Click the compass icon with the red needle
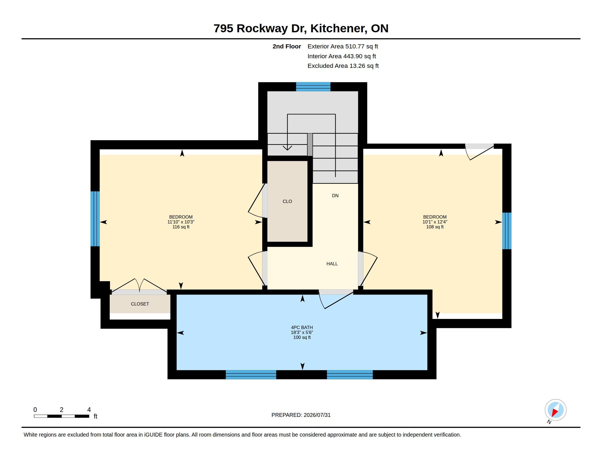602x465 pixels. (555, 410)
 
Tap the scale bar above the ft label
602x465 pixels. (62, 416)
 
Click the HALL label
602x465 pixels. (332, 264)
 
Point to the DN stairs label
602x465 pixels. (335, 196)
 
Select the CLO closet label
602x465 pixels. (287, 201)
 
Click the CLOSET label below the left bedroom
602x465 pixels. (140, 304)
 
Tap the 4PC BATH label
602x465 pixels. (302, 327)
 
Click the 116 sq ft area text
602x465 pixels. (181, 227)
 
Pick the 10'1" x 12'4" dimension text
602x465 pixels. (435, 222)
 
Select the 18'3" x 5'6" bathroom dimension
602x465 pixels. (302, 333)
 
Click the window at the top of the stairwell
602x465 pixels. (313, 86)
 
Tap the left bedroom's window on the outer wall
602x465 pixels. (95, 219)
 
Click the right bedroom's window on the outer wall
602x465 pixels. (507, 231)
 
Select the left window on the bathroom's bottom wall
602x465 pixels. (251, 375)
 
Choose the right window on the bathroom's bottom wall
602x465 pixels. (350, 375)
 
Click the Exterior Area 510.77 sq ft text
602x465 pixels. (343, 47)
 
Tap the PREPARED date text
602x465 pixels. (301, 415)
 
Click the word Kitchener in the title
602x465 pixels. (339, 28)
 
